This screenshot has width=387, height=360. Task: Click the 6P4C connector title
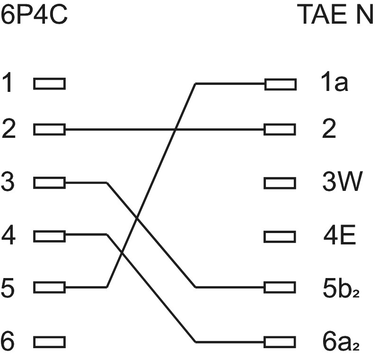pos(34,16)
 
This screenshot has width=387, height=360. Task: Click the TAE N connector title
pos(335,16)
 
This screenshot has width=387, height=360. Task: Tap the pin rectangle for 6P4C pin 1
pos(49,84)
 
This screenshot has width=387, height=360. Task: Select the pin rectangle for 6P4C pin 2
pos(49,129)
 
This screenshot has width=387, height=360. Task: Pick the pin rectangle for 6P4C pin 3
pos(49,182)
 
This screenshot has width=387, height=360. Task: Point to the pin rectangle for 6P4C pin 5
pos(49,287)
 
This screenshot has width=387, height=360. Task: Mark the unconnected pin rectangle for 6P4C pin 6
pos(49,342)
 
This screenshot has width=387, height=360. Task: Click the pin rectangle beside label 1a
pos(280,84)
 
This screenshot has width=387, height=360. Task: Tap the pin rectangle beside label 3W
pos(280,182)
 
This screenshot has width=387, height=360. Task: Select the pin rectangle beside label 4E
pos(280,235)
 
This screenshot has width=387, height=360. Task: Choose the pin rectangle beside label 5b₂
pos(280,287)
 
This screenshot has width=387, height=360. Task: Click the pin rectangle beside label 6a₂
pos(280,342)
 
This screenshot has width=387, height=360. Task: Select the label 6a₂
pos(339,341)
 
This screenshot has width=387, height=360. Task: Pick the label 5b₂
pos(339,287)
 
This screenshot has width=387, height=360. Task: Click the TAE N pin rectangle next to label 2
pos(280,129)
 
